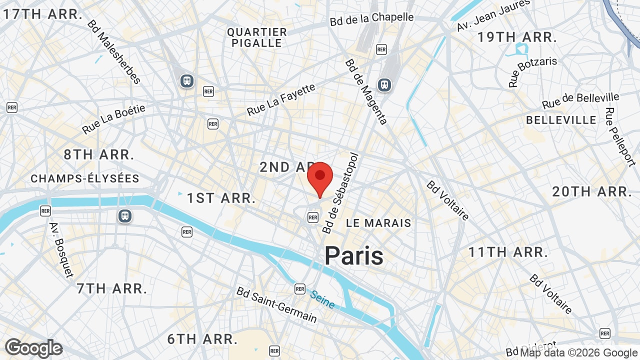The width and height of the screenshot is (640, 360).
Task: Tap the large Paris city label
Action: pyautogui.click(x=354, y=256)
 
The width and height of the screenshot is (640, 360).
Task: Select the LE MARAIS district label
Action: pyautogui.click(x=378, y=223)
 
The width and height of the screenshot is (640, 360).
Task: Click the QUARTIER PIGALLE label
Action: pyautogui.click(x=257, y=37)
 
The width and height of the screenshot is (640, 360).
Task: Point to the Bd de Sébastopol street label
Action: pyautogui.click(x=341, y=193)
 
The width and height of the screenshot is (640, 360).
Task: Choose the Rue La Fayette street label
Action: pyautogui.click(x=281, y=99)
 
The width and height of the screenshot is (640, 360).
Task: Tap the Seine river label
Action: pyautogui.click(x=322, y=299)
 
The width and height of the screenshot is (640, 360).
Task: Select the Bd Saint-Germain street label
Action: pyautogui.click(x=276, y=304)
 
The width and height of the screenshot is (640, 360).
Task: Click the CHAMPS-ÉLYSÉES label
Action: pyautogui.click(x=85, y=178)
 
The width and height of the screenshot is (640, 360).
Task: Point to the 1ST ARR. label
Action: pyautogui.click(x=221, y=198)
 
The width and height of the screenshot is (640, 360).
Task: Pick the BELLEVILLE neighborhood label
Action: pyautogui.click(x=561, y=120)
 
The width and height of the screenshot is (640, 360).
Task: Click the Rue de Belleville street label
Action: pyautogui.click(x=580, y=100)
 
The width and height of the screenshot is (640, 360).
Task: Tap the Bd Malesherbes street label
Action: pyautogui.click(x=113, y=51)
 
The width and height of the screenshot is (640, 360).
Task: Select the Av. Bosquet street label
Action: pyautogui.click(x=61, y=249)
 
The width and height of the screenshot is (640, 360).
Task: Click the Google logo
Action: pyautogui.click(x=33, y=348)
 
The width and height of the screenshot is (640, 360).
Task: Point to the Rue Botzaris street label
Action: pyautogui.click(x=532, y=72)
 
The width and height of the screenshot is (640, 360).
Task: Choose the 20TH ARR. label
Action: pyautogui.click(x=592, y=191)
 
